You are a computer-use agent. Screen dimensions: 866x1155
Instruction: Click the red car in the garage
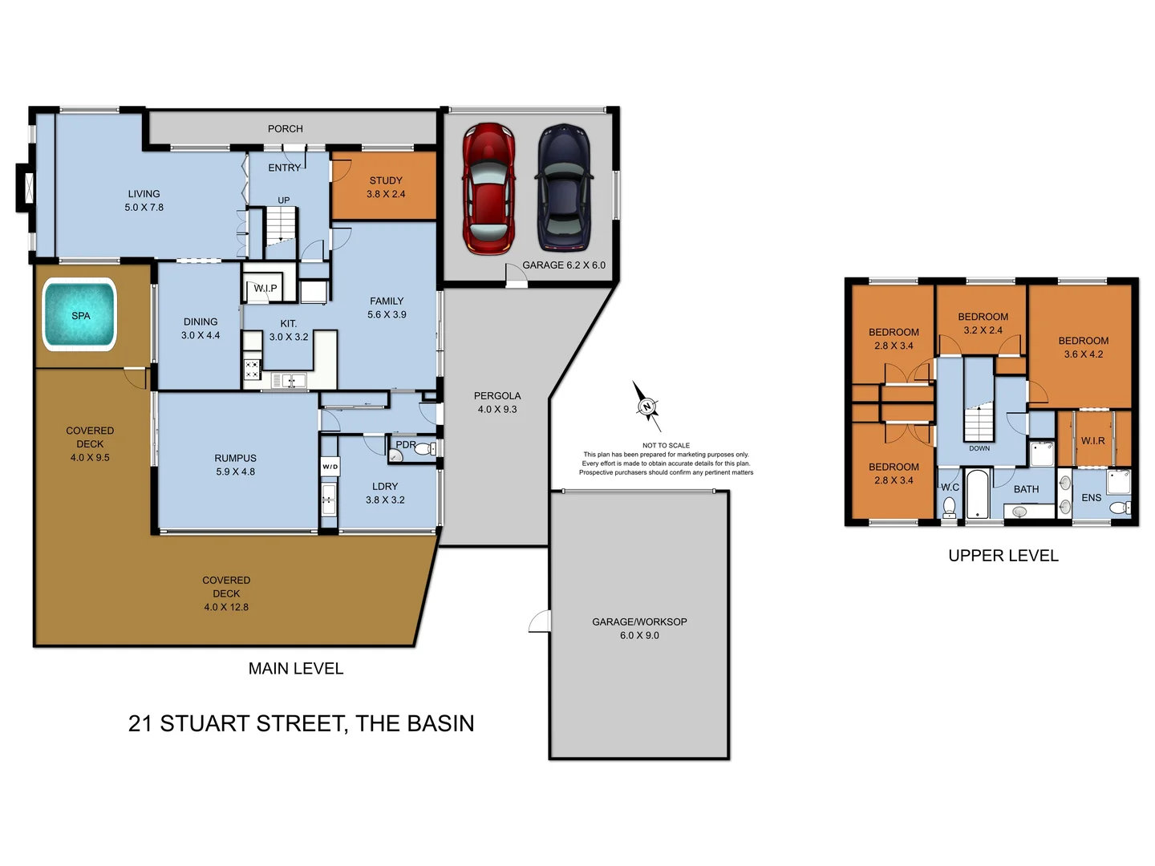coord(488,189)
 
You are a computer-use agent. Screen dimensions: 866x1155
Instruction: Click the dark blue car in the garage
coord(564,188)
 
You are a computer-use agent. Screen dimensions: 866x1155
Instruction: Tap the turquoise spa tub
coord(80,315)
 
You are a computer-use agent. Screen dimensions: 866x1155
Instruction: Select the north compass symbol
coord(646,407)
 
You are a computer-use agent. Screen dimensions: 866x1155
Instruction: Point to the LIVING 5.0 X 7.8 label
coord(144,200)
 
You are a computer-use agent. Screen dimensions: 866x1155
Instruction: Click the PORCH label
coord(285,128)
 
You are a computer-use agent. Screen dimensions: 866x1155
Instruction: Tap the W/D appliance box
coord(330,467)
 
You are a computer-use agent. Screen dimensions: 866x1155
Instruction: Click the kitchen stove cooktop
coord(252,370)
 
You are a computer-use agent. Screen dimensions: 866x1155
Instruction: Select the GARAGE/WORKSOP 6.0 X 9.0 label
coord(639,628)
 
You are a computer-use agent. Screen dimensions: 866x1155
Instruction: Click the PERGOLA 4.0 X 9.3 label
coord(497,402)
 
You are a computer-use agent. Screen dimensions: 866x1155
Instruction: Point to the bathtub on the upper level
coord(977,495)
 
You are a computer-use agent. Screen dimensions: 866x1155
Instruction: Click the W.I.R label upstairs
coord(1092,441)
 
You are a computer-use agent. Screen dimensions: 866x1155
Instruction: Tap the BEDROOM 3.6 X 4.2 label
coord(1083,347)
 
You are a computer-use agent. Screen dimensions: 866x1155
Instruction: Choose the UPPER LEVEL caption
coord(1003,556)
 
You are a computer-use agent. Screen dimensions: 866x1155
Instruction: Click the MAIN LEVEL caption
coord(296,669)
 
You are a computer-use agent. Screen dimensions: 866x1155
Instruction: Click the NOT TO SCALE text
coord(666,445)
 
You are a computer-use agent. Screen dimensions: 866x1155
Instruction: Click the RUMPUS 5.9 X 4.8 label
coord(235,465)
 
